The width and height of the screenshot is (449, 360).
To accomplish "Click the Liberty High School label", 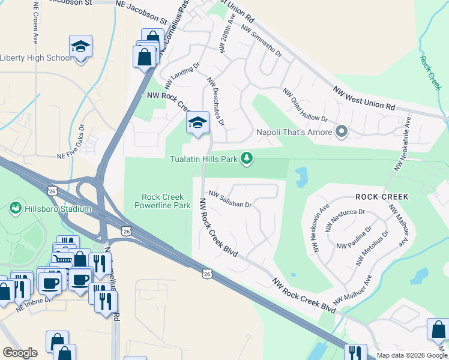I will pyautogui.click(x=36, y=58).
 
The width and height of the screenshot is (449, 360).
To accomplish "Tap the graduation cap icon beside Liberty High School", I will pyautogui.click(x=80, y=46).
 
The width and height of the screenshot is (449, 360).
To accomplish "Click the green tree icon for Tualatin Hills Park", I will pyautogui.click(x=246, y=158).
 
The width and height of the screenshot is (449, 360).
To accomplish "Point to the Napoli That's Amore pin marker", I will pyautogui.click(x=342, y=131).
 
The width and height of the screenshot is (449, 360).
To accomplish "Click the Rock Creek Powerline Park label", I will pyautogui.click(x=165, y=201).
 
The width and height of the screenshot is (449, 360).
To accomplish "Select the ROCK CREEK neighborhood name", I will pyautogui.click(x=382, y=197).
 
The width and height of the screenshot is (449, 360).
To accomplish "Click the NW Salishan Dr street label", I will pyautogui.click(x=230, y=199).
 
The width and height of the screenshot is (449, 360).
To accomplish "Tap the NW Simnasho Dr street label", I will pyautogui.click(x=261, y=41).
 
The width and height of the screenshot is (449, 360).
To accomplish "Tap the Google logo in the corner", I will pyautogui.click(x=20, y=353).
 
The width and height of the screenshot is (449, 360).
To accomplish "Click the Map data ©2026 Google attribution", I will pyautogui.click(x=411, y=355).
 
